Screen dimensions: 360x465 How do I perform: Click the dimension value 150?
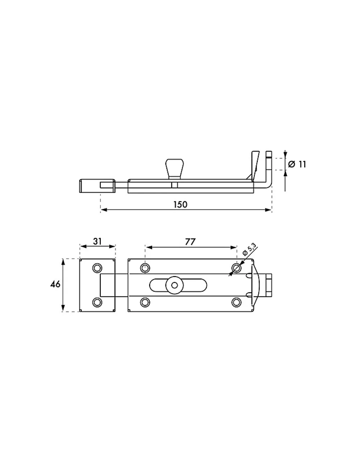(x=180, y=205)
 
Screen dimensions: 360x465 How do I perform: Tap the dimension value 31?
(x=97, y=241)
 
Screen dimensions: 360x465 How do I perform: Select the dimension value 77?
(x=190, y=242)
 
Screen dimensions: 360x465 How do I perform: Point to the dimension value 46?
(x=55, y=285)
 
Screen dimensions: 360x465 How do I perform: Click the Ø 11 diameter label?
(x=297, y=164)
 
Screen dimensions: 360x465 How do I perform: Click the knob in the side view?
(x=175, y=169)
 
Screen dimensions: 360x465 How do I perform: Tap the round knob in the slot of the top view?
(x=175, y=285)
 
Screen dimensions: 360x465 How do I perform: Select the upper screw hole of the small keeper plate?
(x=97, y=268)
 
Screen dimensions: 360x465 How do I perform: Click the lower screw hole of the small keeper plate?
(x=97, y=302)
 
